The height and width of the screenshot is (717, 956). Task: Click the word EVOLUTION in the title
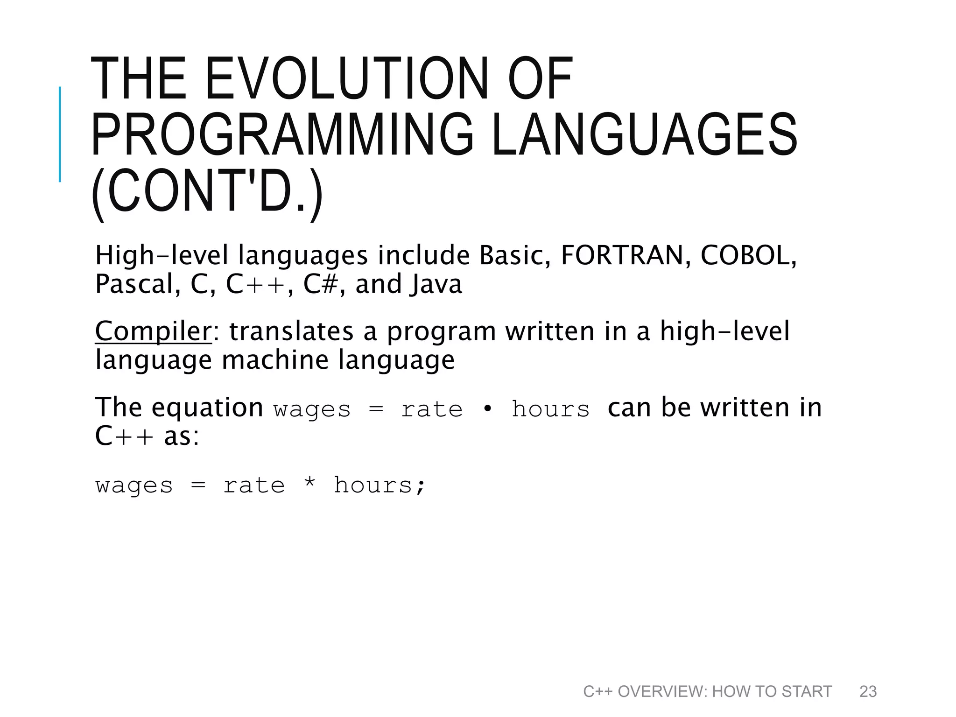pos(345,78)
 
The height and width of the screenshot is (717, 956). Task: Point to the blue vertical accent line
pos(60,134)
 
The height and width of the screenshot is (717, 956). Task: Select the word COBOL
pos(747,255)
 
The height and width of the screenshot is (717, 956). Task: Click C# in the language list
pos(320,284)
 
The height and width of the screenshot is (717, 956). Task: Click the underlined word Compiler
pos(153,331)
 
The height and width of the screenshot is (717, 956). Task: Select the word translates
pos(291,331)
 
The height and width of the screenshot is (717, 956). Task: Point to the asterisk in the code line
pos(309,484)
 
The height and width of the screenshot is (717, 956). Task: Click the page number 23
pos(868,691)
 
